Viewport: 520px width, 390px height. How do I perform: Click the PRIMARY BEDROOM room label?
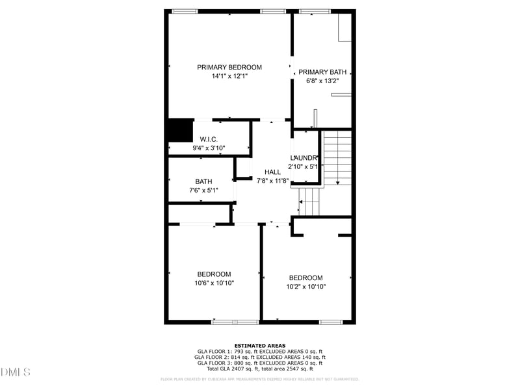[229, 67]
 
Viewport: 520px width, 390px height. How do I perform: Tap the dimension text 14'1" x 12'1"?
[229, 76]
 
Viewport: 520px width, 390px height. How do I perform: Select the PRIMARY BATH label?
[322, 72]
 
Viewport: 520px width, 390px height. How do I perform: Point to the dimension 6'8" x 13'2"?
[322, 81]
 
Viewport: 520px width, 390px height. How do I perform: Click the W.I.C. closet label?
[209, 139]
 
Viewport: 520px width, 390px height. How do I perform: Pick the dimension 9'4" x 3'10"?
[209, 148]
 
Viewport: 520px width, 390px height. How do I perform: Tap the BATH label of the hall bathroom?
[203, 181]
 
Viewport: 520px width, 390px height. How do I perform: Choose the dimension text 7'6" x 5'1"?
[203, 190]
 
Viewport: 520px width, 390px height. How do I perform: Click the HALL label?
[272, 172]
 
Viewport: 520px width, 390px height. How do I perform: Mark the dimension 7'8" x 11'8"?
[272, 181]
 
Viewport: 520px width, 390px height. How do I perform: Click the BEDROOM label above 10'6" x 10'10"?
[214, 274]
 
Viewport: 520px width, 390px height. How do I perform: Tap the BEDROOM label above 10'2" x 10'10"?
[305, 278]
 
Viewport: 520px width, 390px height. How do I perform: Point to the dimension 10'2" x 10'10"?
[305, 287]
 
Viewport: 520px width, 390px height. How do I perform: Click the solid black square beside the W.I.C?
[181, 130]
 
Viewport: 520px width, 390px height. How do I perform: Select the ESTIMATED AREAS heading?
[260, 346]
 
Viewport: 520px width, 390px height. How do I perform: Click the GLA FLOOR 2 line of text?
[260, 357]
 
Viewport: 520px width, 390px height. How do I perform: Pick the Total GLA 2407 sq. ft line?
[260, 369]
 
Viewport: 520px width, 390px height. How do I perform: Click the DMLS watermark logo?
[16, 372]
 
